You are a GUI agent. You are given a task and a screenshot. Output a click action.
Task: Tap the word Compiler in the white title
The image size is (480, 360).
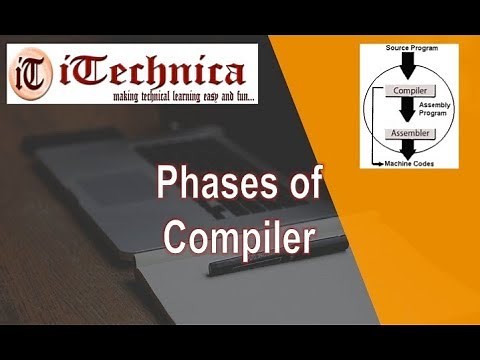pyautogui.click(x=239, y=238)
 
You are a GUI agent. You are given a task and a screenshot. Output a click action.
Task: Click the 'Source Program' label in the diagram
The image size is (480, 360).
pyautogui.click(x=412, y=48)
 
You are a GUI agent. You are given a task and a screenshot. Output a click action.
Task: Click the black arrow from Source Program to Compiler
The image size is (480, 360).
pyautogui.click(x=412, y=66)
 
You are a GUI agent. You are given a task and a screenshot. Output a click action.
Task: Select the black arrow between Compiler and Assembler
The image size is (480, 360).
pyautogui.click(x=412, y=110)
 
